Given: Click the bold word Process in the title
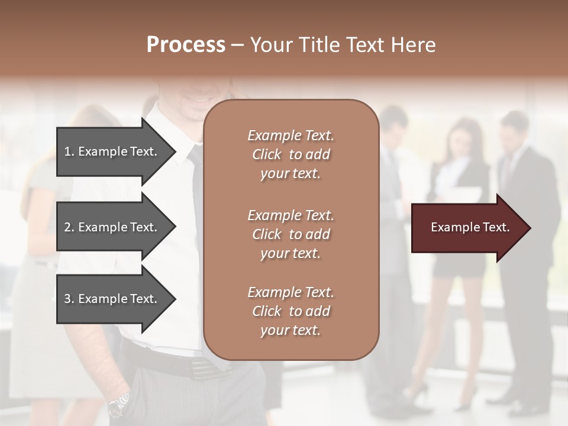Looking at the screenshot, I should (186, 45).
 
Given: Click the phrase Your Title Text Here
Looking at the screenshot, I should (343, 45).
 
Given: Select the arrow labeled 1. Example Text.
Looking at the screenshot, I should (112, 151).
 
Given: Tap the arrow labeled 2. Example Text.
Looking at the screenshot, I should (112, 227).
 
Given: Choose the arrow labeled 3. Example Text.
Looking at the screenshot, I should (112, 299).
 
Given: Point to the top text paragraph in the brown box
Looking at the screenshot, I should (291, 154).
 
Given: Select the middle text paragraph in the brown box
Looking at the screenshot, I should (291, 234).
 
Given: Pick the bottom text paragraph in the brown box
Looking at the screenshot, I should (291, 311).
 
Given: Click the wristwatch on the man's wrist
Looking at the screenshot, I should (119, 404).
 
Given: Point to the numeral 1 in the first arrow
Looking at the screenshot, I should (68, 151).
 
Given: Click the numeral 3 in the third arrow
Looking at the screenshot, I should (68, 299).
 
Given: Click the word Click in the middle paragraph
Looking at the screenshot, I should (266, 234).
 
